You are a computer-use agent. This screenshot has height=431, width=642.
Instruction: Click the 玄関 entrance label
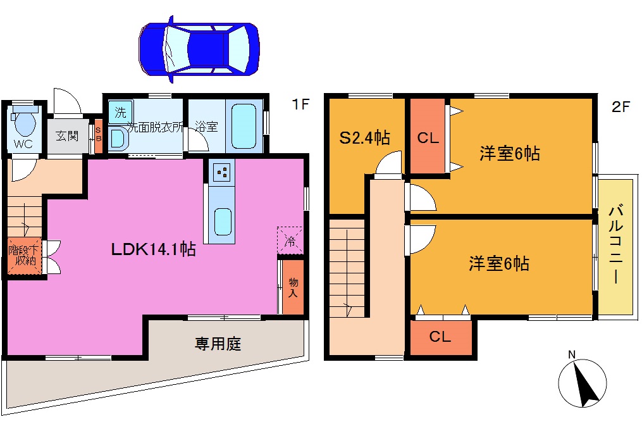(67, 135)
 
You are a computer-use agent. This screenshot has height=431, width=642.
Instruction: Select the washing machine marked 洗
(120, 113)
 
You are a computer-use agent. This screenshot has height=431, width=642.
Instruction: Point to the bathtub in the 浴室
(242, 125)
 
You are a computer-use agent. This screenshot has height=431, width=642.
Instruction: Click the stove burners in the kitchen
(222, 172)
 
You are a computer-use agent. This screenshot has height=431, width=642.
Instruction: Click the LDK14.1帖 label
(153, 249)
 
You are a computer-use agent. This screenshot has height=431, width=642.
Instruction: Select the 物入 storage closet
(293, 288)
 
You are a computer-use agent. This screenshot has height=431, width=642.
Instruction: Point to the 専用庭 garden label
(218, 345)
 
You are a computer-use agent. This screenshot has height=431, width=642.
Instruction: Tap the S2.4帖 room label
(364, 137)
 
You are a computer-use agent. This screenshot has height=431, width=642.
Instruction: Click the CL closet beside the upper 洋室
(428, 137)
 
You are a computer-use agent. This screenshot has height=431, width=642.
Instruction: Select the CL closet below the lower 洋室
(440, 337)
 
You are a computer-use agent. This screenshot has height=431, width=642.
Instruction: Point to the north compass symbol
(583, 382)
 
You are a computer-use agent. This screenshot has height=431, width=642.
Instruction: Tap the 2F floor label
(620, 106)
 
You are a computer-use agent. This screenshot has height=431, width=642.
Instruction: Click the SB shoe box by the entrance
(98, 135)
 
